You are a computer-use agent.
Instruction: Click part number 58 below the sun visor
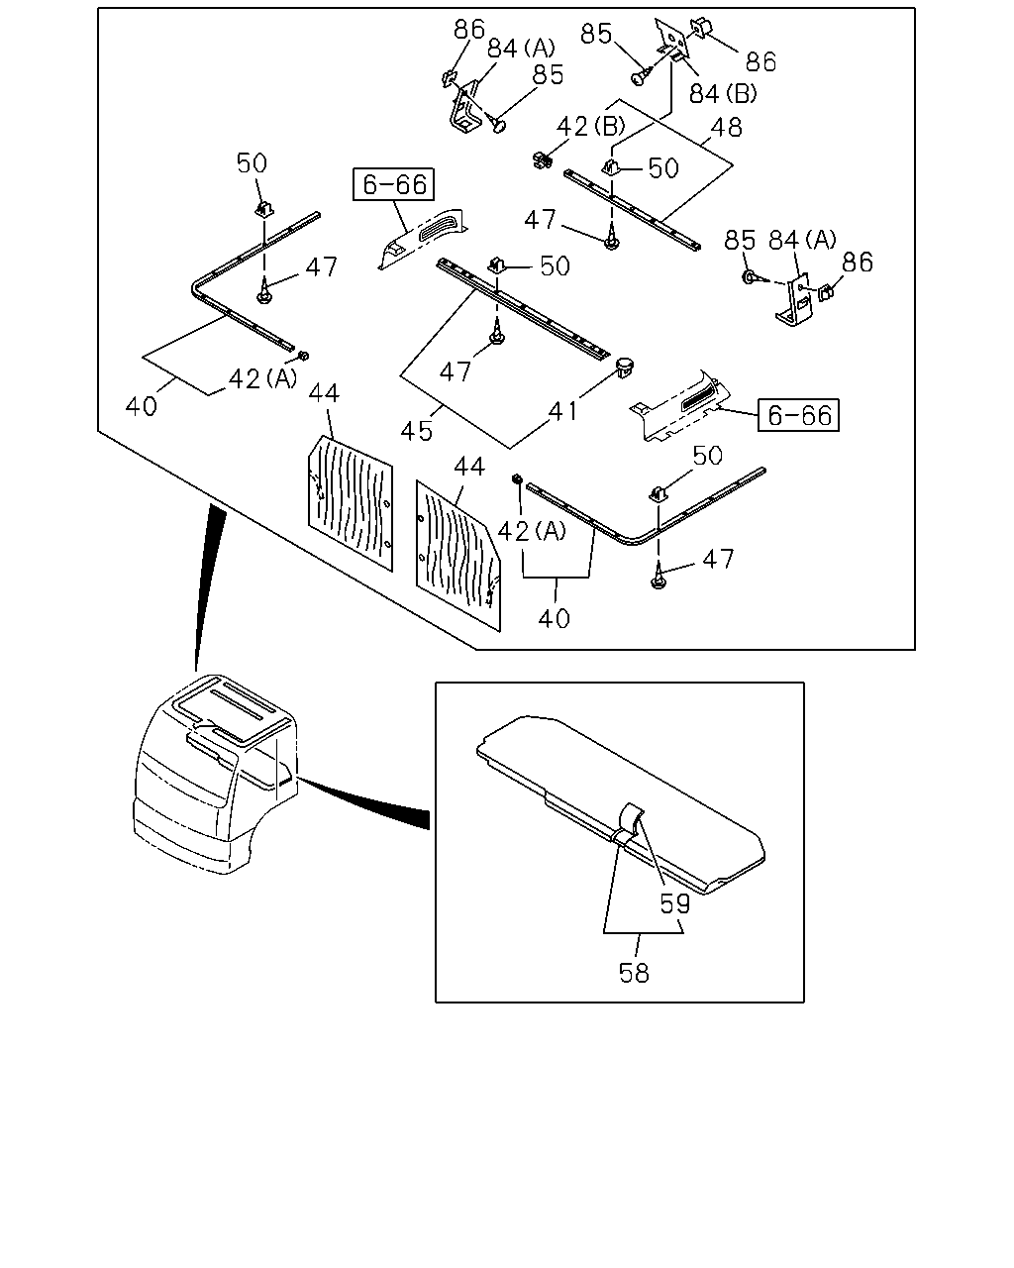point(634,973)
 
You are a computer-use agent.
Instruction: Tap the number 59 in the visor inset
point(674,903)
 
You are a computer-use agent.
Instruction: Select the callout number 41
point(563,411)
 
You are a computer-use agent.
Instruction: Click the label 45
point(417,431)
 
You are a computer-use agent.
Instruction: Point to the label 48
point(727,127)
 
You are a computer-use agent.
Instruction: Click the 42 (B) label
point(591,126)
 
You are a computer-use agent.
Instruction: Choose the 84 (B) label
point(723,93)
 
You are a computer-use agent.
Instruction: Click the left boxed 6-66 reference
point(393,184)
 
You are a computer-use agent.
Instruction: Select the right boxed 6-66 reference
point(798,415)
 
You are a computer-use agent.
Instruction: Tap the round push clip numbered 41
point(625,368)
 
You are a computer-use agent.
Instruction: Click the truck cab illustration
point(216,774)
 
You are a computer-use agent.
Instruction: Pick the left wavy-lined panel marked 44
point(351,502)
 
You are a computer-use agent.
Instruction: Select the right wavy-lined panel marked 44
point(458,556)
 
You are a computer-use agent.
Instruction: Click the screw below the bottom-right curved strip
point(659,577)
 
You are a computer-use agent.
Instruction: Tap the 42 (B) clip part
point(542,159)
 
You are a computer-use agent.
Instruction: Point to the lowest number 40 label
point(554,618)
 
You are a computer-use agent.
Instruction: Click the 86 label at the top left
point(469,29)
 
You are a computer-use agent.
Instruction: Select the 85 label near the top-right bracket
point(596,34)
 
